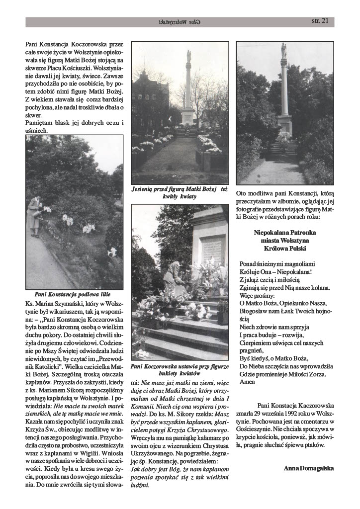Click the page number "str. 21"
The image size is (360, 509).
coord(319,21)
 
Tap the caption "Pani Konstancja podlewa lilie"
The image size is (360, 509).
coord(73,294)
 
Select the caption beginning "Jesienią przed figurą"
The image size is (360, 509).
coord(180,192)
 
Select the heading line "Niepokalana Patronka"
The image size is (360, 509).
coord(285,232)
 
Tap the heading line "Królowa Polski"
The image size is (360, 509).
coord(285,248)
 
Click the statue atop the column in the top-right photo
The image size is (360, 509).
coord(283,50)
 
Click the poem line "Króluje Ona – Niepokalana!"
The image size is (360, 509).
coord(275,272)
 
